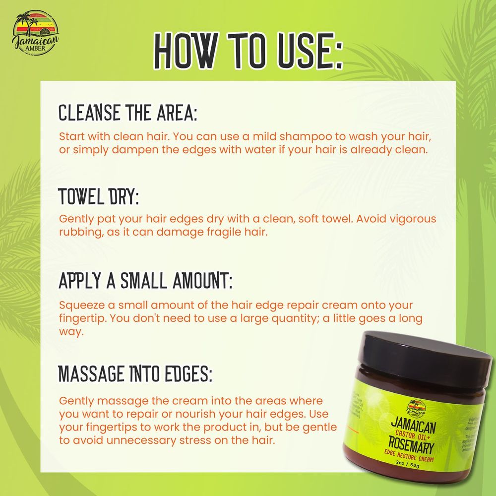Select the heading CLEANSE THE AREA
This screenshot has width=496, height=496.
pyautogui.click(x=128, y=113)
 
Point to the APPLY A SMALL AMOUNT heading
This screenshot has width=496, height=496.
pyautogui.click(x=145, y=281)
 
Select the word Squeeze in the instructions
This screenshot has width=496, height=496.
pyautogui.click(x=77, y=306)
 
